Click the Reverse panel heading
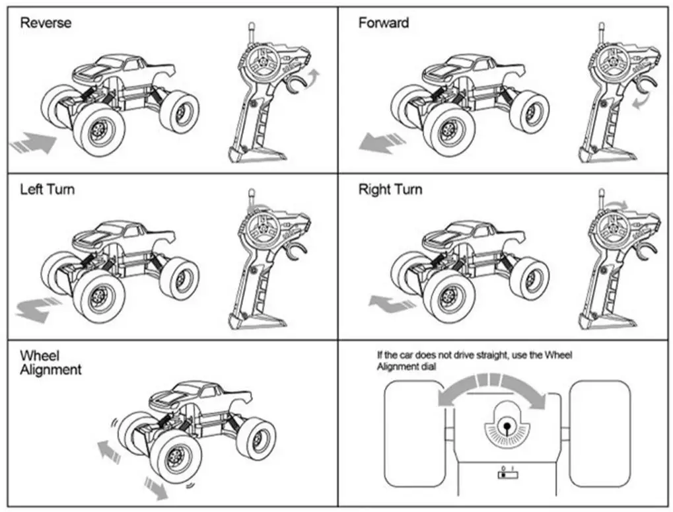tap(46, 23)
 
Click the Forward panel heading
tap(383, 23)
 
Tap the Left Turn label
tap(47, 190)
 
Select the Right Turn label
tap(390, 190)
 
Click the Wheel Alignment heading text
tap(50, 363)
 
